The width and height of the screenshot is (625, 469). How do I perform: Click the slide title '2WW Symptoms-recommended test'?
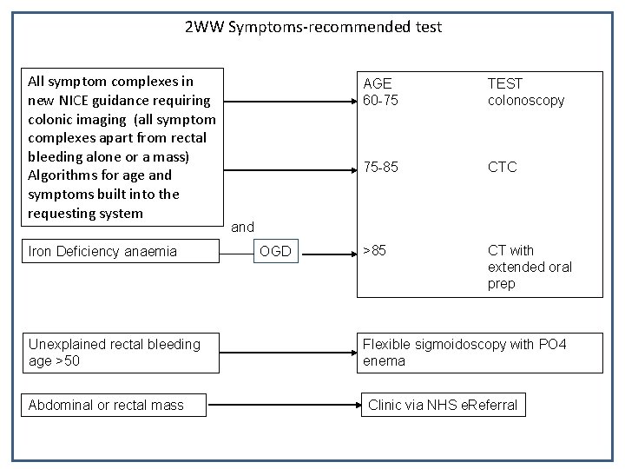pyautogui.click(x=313, y=27)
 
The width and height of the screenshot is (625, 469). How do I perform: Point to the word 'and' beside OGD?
pyautogui.click(x=242, y=228)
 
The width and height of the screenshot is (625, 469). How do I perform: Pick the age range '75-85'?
pyautogui.click(x=380, y=167)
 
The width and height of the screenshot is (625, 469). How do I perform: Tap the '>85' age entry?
pyautogui.click(x=374, y=251)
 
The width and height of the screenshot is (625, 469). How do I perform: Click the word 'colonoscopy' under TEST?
pyautogui.click(x=525, y=100)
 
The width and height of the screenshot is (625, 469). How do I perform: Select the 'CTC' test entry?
pyautogui.click(x=502, y=167)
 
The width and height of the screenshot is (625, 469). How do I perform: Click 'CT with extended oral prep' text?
pyautogui.click(x=530, y=268)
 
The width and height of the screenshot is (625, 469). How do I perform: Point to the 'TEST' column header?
pyautogui.click(x=505, y=84)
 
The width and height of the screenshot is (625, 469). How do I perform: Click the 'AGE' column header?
pyautogui.click(x=377, y=84)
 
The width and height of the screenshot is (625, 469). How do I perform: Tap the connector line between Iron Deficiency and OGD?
pyautogui.click(x=236, y=252)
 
